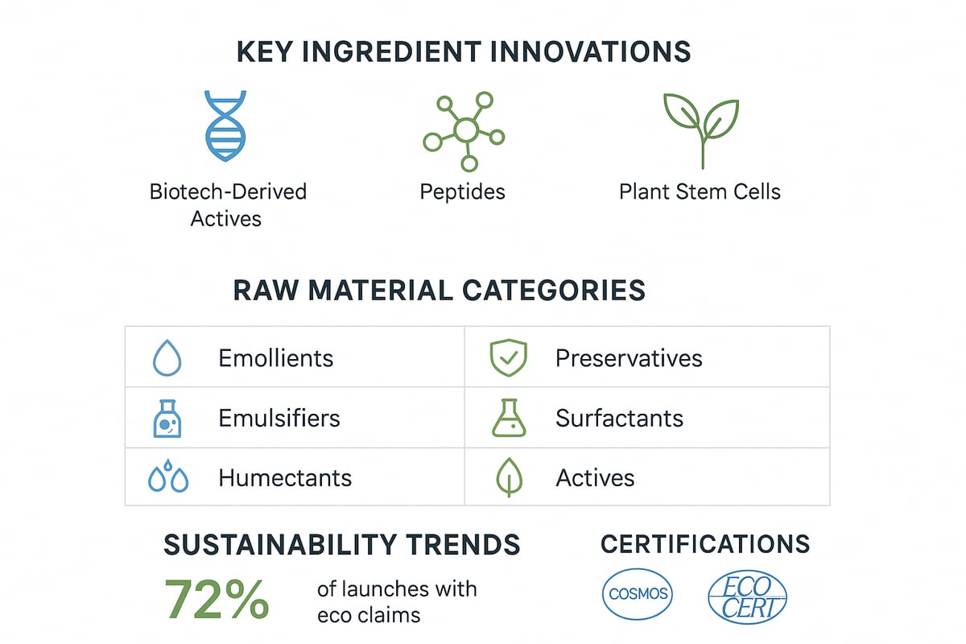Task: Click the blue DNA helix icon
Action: click(226, 126)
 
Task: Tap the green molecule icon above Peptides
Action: click(464, 131)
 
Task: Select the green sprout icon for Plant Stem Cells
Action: click(701, 129)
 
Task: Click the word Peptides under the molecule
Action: click(463, 192)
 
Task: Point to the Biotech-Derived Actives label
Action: click(228, 204)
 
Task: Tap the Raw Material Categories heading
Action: click(440, 290)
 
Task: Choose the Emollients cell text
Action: click(275, 358)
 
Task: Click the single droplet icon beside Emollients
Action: click(167, 358)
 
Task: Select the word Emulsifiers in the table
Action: click(279, 419)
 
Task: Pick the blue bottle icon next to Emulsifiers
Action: click(167, 418)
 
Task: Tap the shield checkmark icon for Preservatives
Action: click(509, 357)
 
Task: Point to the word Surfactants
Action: click(619, 419)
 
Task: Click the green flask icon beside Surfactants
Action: click(509, 418)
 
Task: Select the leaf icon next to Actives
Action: click(509, 477)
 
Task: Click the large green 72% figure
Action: click(217, 600)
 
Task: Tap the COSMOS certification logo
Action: click(638, 596)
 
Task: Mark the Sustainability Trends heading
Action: click(342, 545)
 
